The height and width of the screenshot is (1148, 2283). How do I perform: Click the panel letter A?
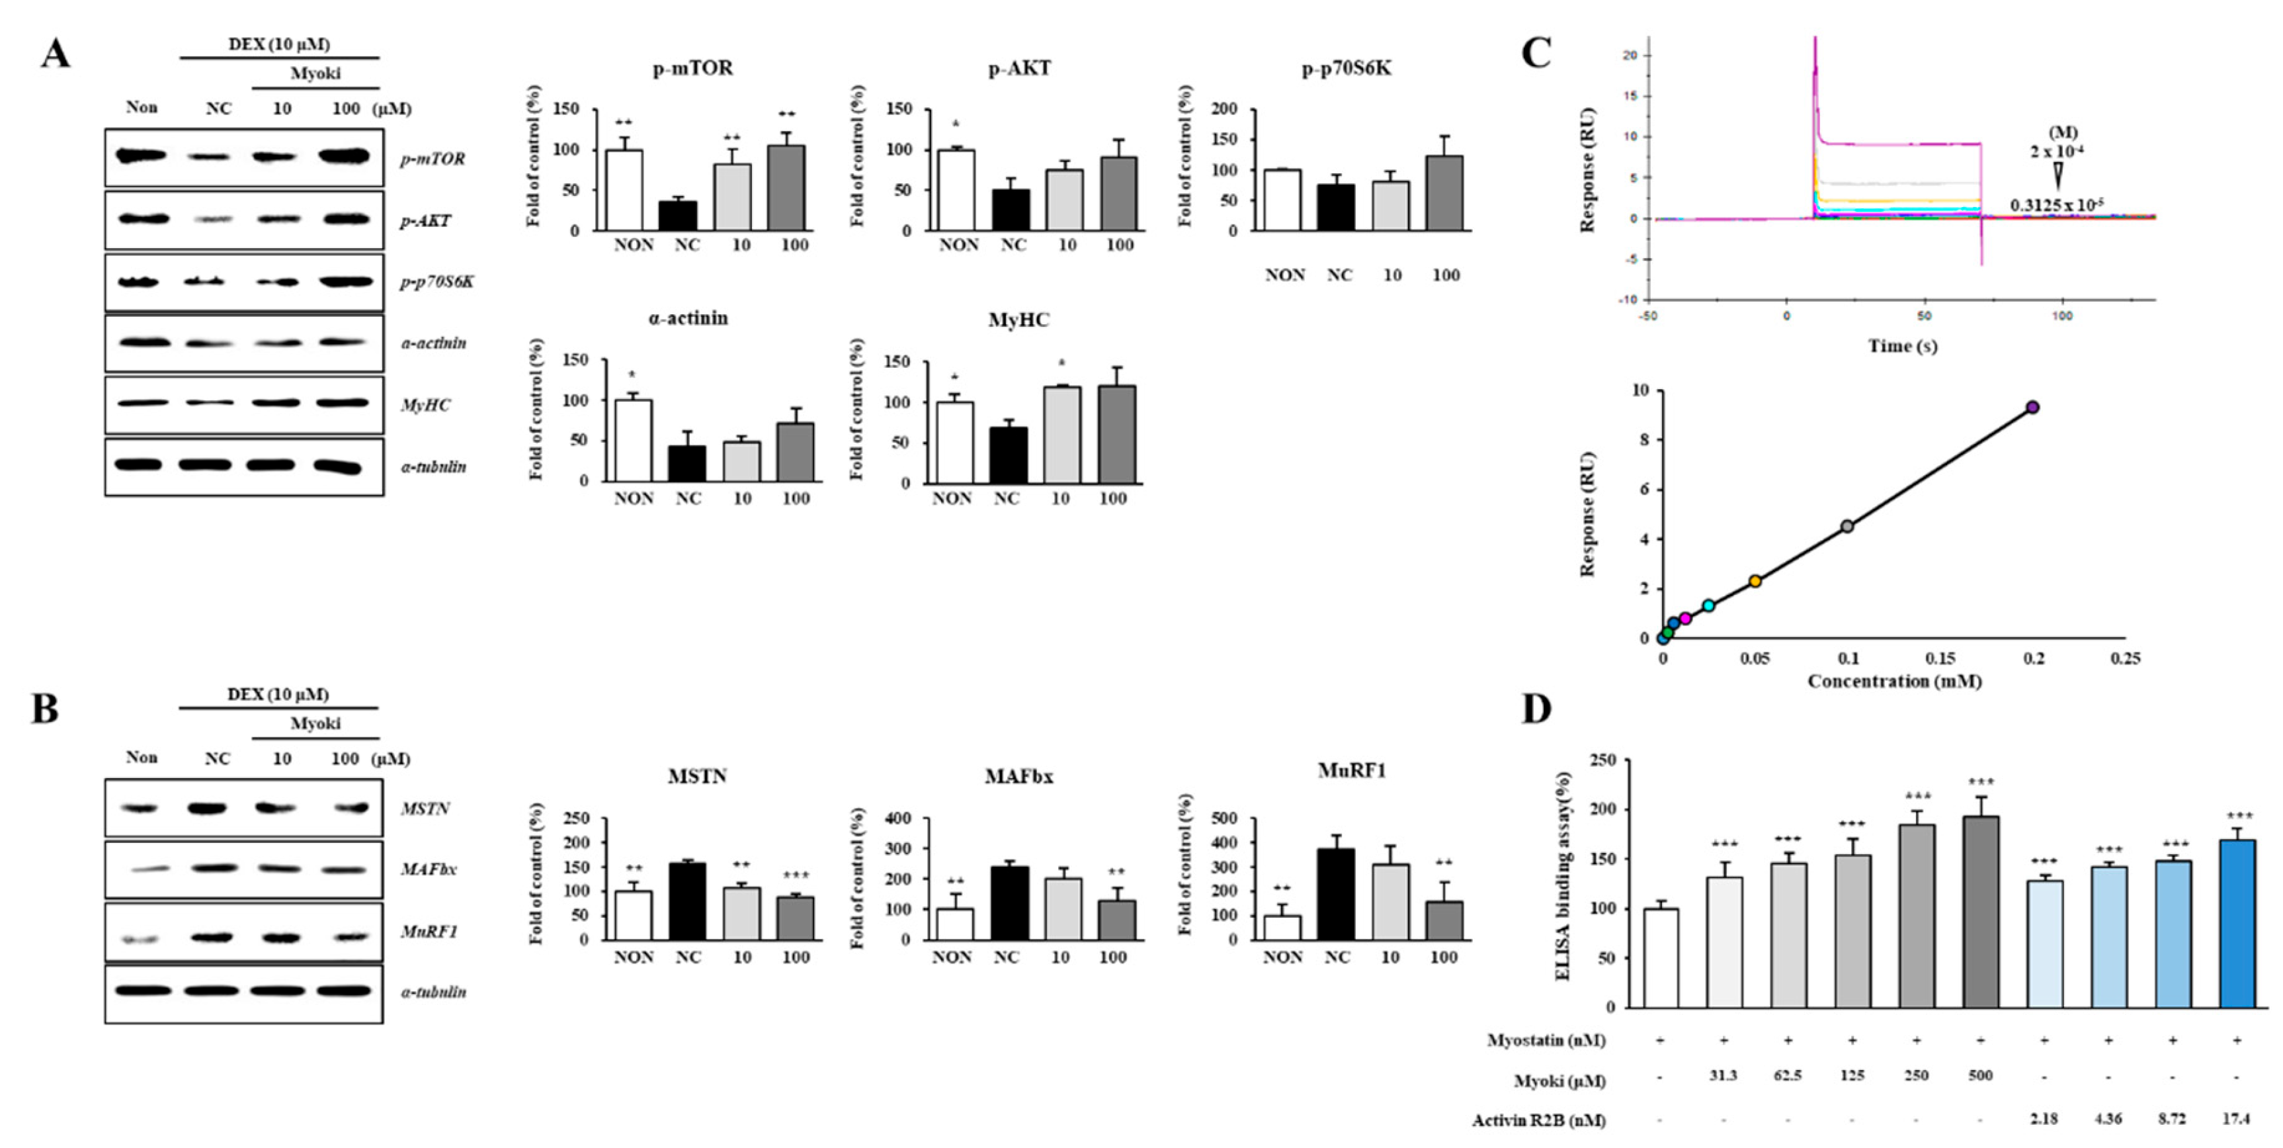click(55, 55)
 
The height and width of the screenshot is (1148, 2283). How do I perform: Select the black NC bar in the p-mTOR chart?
click(687, 216)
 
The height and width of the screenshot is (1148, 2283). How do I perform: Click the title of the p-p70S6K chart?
click(1347, 68)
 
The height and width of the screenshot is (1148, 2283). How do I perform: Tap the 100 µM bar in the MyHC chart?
click(1116, 434)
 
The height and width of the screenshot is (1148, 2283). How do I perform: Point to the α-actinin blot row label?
click(433, 343)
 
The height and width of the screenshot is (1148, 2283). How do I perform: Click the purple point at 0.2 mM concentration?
click(2033, 407)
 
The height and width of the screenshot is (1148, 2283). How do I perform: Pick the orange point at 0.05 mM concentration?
click(1755, 582)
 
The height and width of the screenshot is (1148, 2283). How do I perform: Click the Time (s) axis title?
click(1902, 347)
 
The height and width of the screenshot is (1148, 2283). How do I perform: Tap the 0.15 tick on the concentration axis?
click(1940, 658)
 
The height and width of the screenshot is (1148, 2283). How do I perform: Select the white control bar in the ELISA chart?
click(1660, 957)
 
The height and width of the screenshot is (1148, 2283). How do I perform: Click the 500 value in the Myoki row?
click(1980, 1076)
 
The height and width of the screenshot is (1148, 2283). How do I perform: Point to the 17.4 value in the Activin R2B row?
click(2236, 1120)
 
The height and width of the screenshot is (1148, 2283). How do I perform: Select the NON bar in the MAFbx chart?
click(954, 924)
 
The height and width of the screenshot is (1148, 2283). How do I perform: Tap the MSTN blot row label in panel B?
click(425, 809)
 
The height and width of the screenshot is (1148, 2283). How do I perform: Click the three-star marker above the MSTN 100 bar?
click(795, 877)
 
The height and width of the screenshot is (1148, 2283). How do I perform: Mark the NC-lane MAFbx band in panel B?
click(211, 868)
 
